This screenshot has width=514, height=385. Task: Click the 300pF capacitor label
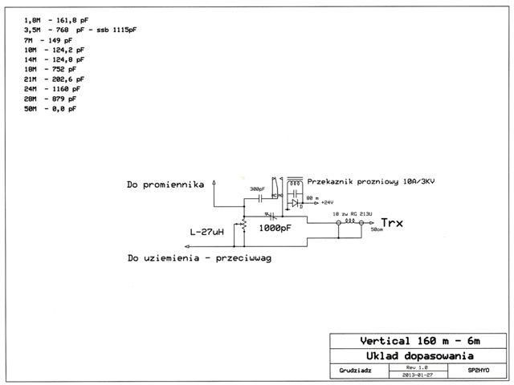(x=257, y=189)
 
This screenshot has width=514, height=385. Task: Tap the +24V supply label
(x=328, y=202)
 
